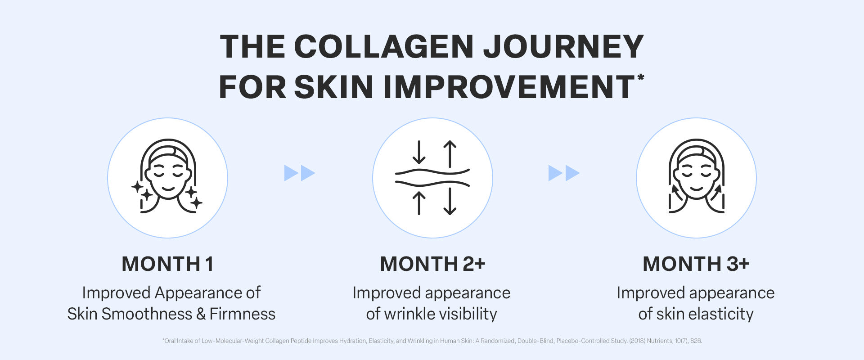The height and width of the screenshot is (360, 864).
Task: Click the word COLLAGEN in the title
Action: pos(384,46)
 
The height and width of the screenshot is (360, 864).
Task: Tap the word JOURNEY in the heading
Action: pos(563,46)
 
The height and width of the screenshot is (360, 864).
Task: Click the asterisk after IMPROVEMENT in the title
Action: pos(640,78)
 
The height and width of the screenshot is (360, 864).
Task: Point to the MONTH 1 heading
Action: pos(167,264)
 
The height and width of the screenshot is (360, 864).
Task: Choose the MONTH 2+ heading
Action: pos(432,264)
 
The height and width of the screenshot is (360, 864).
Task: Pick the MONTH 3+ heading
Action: pos(696,264)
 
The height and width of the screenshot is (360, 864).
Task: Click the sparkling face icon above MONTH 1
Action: pos(167,176)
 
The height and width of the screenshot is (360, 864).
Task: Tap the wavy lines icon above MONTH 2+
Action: pos(432,178)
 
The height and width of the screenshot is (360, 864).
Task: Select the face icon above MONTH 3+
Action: pos(696,176)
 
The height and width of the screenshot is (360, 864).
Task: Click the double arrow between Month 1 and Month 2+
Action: pos(300,173)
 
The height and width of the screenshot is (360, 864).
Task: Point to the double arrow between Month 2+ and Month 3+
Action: pos(564,173)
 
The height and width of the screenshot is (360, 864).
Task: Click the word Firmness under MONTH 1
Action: pos(242,314)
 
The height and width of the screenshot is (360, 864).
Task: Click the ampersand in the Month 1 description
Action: pos(200,314)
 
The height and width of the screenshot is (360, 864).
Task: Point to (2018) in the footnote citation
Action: pos(637,341)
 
